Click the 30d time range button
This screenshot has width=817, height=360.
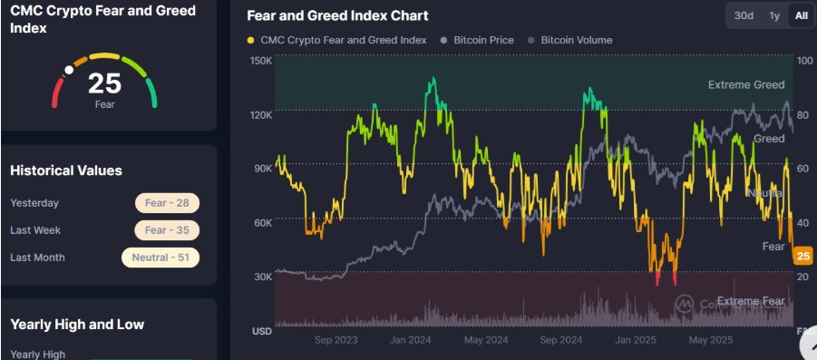(x=744, y=15)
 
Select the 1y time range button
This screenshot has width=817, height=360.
(x=773, y=15)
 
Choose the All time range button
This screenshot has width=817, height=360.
(x=801, y=15)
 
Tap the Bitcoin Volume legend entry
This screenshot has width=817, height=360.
(x=576, y=40)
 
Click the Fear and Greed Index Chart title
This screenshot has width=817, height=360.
(x=337, y=15)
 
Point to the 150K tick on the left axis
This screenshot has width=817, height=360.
(x=261, y=61)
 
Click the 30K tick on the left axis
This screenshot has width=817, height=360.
(x=261, y=277)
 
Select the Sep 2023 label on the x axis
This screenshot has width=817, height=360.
(x=336, y=341)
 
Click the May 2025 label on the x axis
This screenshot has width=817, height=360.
(x=710, y=341)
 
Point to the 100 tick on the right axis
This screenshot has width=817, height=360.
(x=803, y=61)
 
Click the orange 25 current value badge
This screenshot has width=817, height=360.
(x=802, y=257)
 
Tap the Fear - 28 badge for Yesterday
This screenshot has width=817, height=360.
(x=167, y=203)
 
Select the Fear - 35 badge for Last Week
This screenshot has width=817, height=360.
(x=167, y=230)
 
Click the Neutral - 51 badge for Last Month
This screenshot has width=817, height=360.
(x=160, y=258)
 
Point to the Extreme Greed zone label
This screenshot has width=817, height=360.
(x=746, y=85)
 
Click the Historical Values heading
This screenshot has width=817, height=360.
(x=65, y=170)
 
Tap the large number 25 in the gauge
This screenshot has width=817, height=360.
(x=104, y=84)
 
